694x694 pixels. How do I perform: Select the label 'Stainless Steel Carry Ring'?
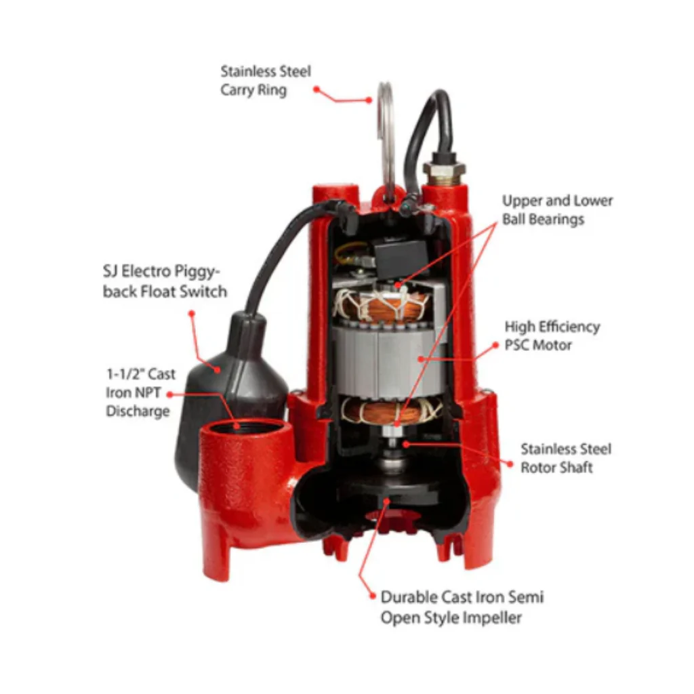click(265, 80)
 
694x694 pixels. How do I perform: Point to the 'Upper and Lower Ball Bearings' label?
click(557, 210)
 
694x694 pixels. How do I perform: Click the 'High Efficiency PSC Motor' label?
click(552, 335)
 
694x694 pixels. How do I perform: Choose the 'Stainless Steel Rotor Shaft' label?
click(565, 458)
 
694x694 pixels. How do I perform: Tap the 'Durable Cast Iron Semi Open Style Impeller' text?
click(462, 607)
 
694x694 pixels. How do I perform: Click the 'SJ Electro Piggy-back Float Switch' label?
click(165, 282)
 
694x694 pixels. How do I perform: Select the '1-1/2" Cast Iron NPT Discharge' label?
click(140, 392)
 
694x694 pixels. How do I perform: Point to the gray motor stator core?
click(380, 359)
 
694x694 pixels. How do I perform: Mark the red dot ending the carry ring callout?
click(369, 100)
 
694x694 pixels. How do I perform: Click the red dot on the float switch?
click(218, 369)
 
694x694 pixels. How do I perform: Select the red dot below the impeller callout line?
click(372, 596)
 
